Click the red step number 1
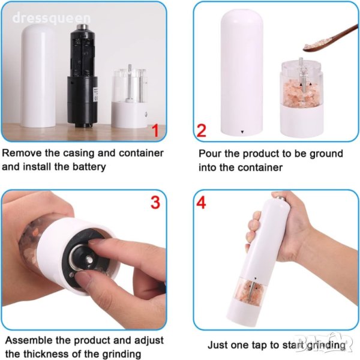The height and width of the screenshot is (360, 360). point(155,130)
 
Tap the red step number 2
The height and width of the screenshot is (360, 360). point(202,130)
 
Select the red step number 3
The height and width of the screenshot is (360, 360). point(155,202)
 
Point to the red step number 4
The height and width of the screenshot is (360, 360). point(201,203)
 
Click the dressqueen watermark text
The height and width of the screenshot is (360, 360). point(52,19)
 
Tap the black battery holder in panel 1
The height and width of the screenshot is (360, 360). point(82,76)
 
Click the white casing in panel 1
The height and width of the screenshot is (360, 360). point(38,76)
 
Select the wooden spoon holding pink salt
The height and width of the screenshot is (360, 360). point(331,39)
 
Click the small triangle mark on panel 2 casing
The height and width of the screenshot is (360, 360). point(242,132)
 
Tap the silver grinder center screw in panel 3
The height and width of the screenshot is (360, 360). point(89,260)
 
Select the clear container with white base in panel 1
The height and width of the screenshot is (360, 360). point(130,98)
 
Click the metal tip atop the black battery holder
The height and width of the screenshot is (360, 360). point(82,27)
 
